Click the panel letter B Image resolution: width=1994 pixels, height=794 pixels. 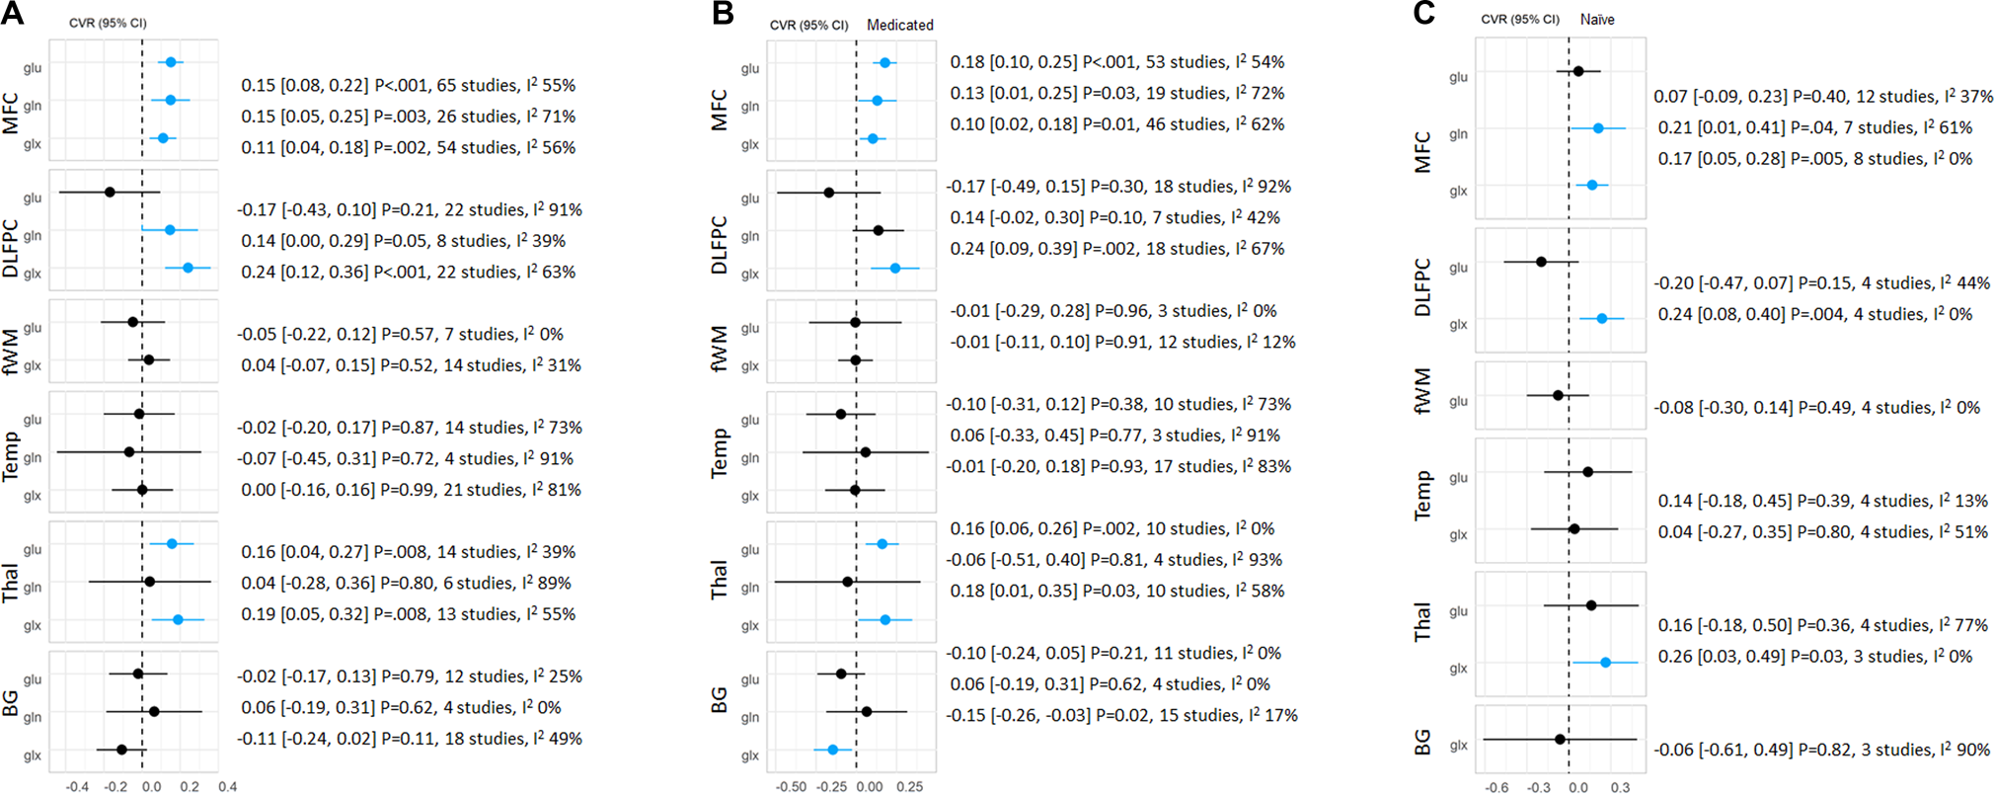(x=723, y=14)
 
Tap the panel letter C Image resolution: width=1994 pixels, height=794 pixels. (x=1423, y=14)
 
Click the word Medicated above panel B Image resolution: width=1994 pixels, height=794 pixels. (x=899, y=25)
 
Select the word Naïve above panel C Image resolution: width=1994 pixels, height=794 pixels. (x=1597, y=19)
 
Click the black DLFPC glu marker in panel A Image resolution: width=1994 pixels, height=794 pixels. (x=110, y=192)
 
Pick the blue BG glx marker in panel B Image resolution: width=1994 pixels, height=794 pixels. (x=832, y=750)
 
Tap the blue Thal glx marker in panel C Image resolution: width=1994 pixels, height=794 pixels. (x=1605, y=663)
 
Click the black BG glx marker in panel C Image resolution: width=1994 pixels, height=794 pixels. (x=1560, y=739)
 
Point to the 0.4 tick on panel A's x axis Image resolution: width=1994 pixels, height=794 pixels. (x=227, y=787)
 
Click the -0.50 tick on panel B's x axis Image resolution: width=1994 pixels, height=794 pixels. (x=791, y=787)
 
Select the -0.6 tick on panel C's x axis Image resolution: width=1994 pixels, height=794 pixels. (x=1496, y=787)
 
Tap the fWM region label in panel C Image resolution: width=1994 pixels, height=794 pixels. (x=1422, y=391)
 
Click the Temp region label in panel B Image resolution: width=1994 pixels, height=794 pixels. (x=720, y=453)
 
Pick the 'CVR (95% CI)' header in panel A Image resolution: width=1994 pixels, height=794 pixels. (x=108, y=23)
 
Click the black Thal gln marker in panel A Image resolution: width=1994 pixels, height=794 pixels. (x=149, y=582)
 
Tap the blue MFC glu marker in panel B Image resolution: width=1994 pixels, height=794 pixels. (x=884, y=62)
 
